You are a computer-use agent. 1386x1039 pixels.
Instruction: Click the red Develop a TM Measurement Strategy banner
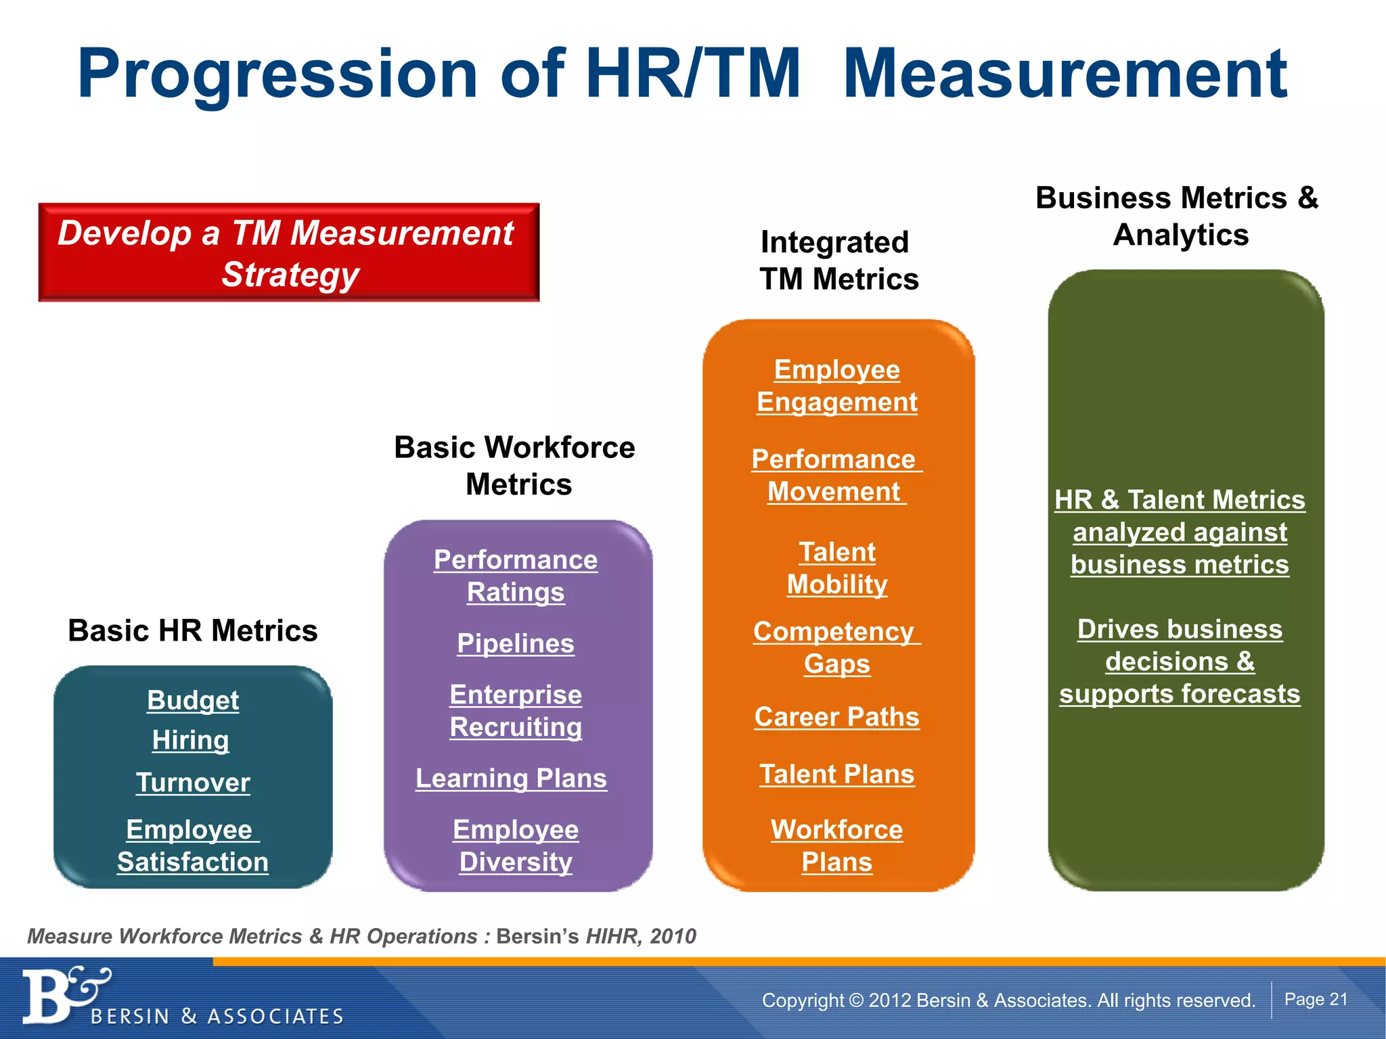pos(288,252)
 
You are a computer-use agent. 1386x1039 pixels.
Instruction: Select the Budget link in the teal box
pos(193,700)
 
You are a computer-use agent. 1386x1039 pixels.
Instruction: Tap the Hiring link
pos(190,740)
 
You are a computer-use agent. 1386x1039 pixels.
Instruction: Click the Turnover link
pos(193,783)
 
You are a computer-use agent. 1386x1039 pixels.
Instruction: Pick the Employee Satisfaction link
pos(192,846)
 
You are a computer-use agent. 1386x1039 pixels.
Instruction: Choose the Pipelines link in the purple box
pos(515,643)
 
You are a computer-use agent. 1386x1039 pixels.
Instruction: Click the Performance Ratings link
pos(515,576)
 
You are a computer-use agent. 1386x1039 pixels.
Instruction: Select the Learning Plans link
pos(511,778)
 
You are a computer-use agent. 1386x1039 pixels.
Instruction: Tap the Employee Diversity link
pos(515,846)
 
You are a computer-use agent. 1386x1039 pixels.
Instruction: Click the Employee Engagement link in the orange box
pos(837,386)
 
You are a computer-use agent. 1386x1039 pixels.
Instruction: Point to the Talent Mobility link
pos(837,568)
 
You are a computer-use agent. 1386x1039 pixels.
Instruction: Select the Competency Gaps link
pos(837,647)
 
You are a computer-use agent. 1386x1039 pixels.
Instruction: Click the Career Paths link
pos(837,717)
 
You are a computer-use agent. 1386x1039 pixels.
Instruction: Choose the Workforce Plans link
pos(837,846)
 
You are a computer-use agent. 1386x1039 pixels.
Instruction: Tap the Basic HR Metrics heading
pos(192,630)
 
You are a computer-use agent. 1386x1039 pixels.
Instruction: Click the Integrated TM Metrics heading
pos(838,260)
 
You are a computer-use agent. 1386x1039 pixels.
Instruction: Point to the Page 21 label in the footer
pos(1316,1000)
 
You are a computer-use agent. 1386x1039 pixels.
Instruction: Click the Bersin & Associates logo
pos(183,998)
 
